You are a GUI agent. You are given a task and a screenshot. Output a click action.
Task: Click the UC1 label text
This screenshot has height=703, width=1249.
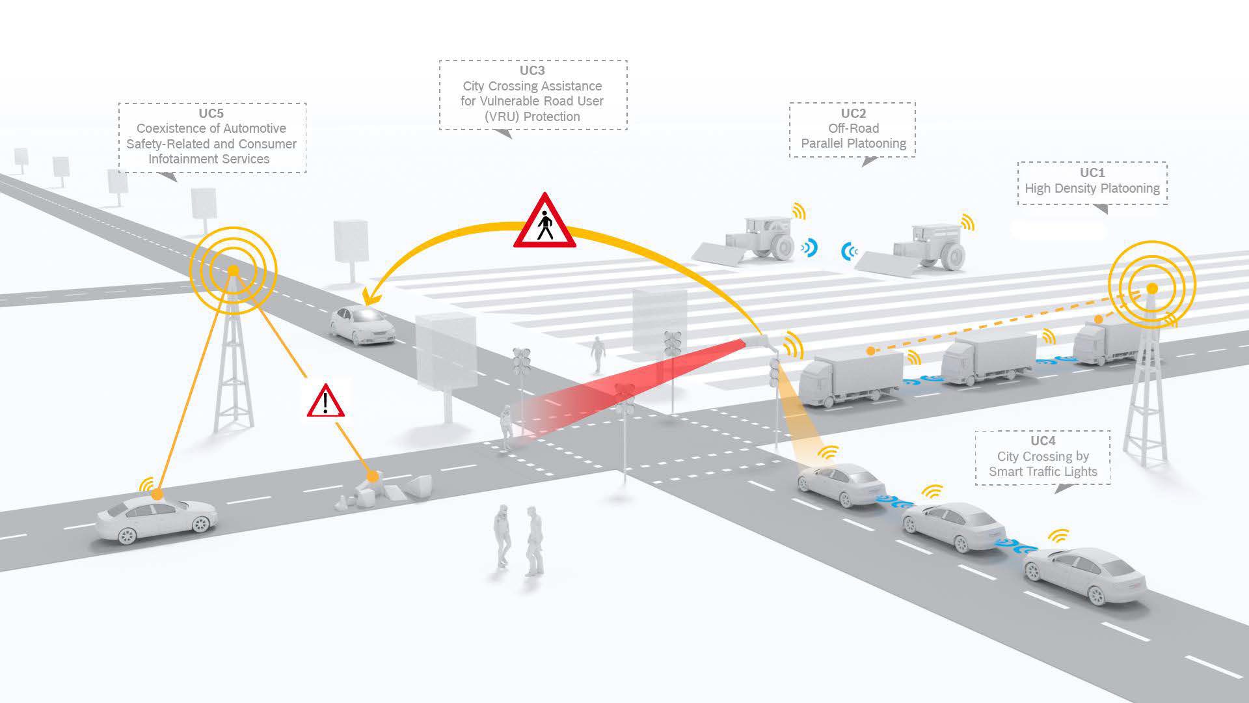coord(1092,173)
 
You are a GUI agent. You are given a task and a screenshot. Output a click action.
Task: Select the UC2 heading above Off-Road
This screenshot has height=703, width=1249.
coord(853,113)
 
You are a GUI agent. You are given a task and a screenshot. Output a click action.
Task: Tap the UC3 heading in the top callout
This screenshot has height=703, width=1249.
coord(532,70)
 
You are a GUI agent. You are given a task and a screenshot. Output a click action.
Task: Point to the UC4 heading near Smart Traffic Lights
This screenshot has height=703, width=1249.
coord(1043,441)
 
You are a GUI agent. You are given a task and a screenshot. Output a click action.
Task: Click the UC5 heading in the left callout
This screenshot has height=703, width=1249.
coord(211,113)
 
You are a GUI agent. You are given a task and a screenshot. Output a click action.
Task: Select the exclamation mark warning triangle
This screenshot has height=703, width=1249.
coord(325,402)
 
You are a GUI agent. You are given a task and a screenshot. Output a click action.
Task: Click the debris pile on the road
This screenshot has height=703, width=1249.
coord(384,489)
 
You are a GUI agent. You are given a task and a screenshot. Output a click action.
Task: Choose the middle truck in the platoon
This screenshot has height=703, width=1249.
coord(987,358)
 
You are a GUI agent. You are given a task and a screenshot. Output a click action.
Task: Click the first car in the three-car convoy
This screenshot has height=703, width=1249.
coord(841,484)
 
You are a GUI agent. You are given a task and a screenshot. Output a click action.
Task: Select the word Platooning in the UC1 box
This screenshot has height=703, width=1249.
coord(1128,189)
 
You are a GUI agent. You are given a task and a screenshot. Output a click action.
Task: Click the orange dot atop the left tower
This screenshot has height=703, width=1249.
coord(233,270)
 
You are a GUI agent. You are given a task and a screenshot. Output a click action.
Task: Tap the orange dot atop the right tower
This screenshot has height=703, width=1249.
coord(1151,288)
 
